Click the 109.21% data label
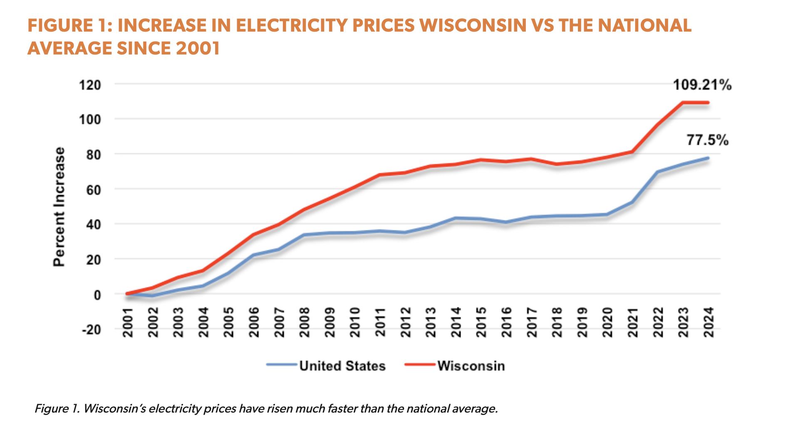coord(702,85)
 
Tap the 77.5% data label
coord(707,141)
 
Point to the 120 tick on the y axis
coord(90,85)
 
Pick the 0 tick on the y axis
coord(97,295)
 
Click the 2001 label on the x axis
coord(127,322)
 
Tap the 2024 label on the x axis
coord(709,322)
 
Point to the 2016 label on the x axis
coord(506,322)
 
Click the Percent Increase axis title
coord(59,207)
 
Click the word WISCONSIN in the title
coord(473,26)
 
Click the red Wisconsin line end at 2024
coord(708,103)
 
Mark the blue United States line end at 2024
coord(708,158)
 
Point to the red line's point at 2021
coord(632,152)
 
